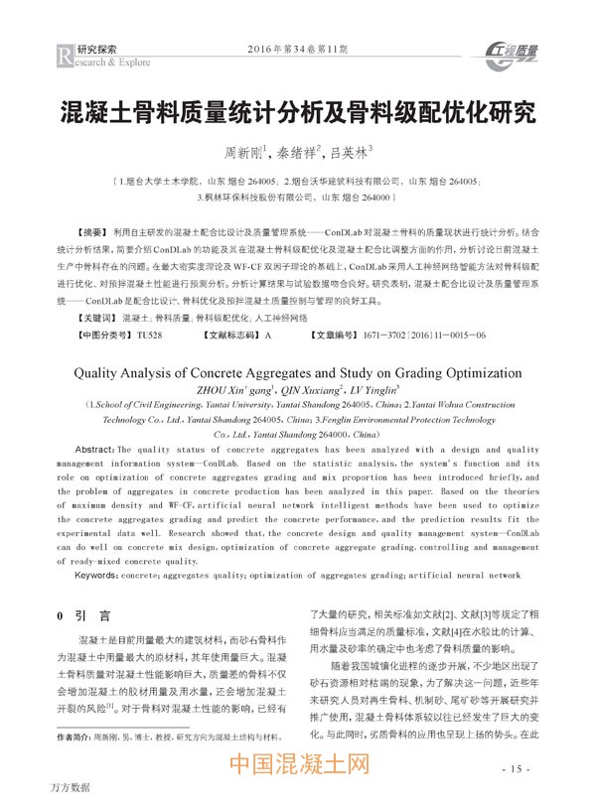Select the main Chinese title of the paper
pos(297,108)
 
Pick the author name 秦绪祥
pos(301,154)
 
